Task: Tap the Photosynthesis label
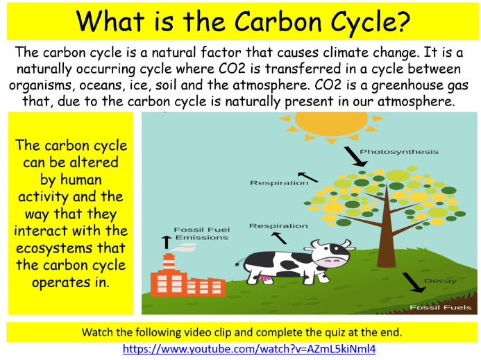399,152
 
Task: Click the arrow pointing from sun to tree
357,157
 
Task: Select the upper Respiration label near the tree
279,183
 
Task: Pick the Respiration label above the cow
278,226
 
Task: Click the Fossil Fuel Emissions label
201,234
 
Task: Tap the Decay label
440,281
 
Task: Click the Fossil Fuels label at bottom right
440,307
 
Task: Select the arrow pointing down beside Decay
413,282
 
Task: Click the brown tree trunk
386,243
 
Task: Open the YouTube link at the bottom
249,349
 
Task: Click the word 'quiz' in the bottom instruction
339,332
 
